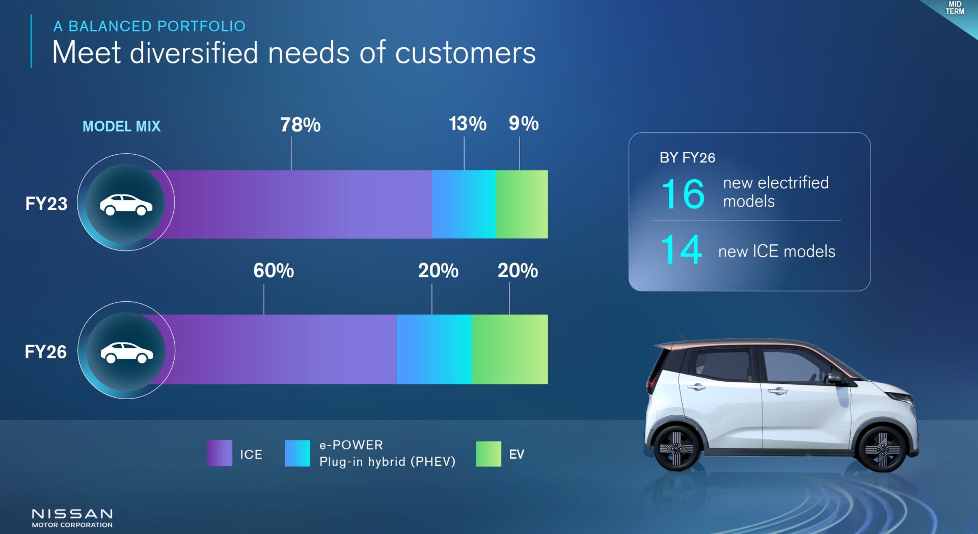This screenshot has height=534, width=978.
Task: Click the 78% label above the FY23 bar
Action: click(301, 125)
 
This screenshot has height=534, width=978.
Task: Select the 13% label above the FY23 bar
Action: click(468, 124)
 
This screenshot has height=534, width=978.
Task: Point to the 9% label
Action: click(524, 124)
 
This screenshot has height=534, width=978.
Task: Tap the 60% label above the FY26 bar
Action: click(274, 271)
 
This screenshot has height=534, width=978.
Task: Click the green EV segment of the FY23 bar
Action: click(522, 204)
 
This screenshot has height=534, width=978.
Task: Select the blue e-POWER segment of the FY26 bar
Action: click(434, 349)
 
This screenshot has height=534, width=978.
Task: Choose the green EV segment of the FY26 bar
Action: click(510, 349)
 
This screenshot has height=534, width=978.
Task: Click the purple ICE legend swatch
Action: click(220, 453)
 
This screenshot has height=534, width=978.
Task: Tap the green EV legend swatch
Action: click(488, 454)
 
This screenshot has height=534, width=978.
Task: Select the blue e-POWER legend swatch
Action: click(297, 454)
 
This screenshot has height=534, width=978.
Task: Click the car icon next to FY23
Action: click(126, 205)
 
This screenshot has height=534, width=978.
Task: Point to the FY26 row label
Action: click(46, 352)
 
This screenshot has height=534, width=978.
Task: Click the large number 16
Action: click(683, 194)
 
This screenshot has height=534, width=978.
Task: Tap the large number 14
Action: click(682, 249)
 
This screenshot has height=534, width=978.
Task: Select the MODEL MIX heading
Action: click(121, 126)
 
